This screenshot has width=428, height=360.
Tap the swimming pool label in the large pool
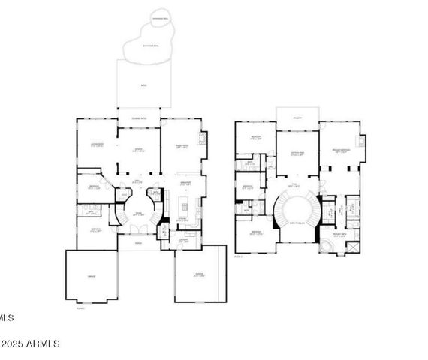pyautogui.click(x=152, y=46)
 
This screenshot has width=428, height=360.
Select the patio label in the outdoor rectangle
pyautogui.click(x=144, y=86)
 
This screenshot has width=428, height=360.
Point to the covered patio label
pyautogui.click(x=140, y=119)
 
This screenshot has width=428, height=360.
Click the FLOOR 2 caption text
pyautogui.click(x=240, y=256)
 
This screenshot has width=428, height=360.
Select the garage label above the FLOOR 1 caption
pyautogui.click(x=91, y=277)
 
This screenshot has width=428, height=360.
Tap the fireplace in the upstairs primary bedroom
pyautogui.click(x=362, y=141)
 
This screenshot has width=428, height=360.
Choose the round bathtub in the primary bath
pyautogui.click(x=327, y=244)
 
